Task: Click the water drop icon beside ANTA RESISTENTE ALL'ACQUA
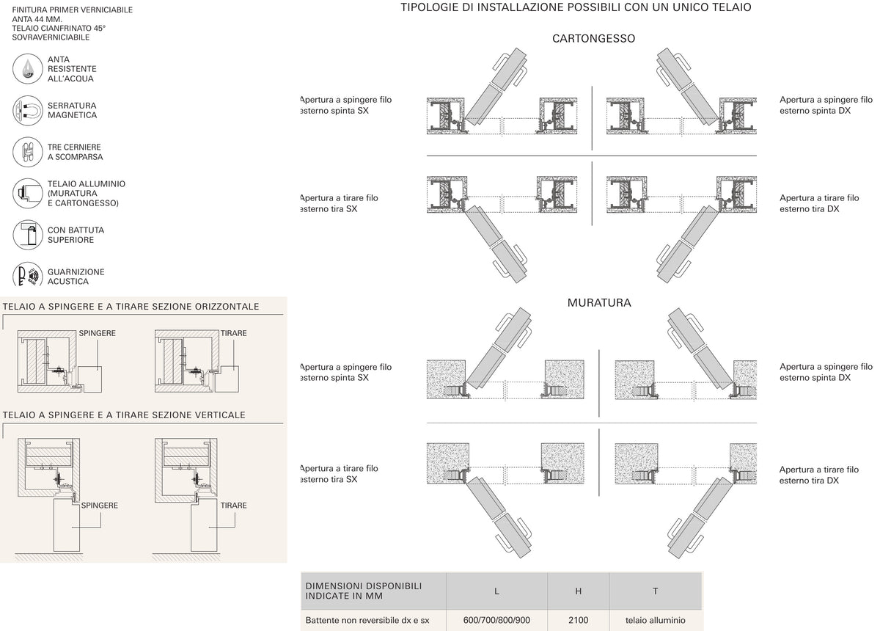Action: point(28,69)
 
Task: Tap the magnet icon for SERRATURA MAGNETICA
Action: point(28,111)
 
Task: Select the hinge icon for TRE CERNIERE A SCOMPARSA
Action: point(28,152)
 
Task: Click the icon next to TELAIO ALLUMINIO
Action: point(28,193)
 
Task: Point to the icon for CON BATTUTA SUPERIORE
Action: point(28,235)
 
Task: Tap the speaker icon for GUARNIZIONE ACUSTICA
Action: point(28,274)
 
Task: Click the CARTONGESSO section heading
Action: point(593,39)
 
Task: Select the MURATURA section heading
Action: point(599,303)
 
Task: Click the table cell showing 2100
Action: point(578,620)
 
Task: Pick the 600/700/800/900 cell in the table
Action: point(496,620)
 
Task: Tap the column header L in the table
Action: point(496,591)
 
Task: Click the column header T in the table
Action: point(656,591)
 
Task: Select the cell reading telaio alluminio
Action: point(656,620)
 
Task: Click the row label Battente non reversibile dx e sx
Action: point(367,620)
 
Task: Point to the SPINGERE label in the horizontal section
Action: point(97,333)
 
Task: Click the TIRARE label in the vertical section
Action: point(233,506)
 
